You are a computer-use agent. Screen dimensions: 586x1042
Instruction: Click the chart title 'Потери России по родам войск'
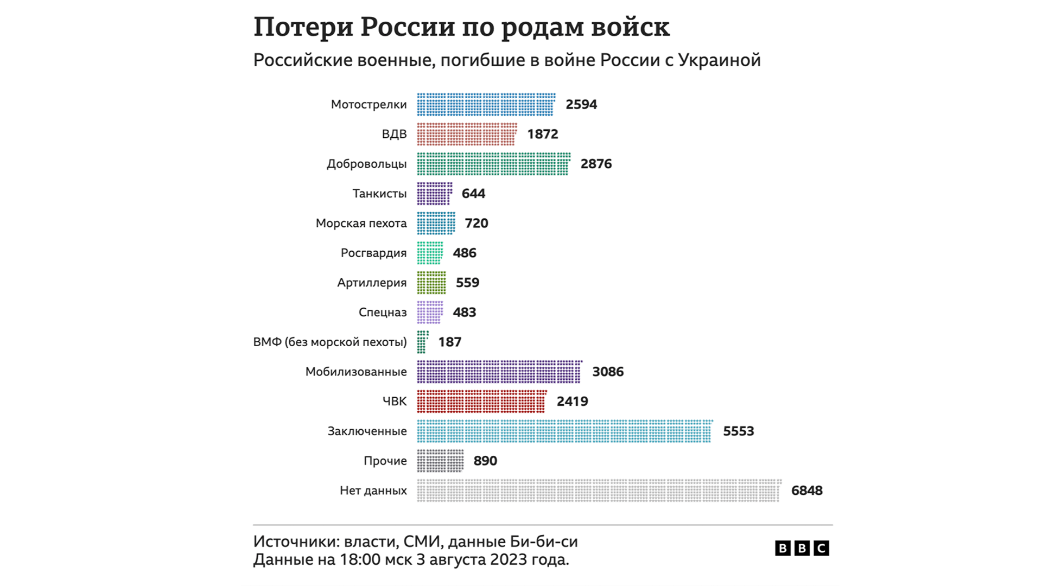pyautogui.click(x=461, y=27)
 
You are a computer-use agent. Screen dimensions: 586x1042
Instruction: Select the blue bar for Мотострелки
pyautogui.click(x=486, y=105)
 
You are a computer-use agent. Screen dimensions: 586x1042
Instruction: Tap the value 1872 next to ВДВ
pyautogui.click(x=543, y=134)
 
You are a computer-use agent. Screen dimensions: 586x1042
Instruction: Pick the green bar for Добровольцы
pyautogui.click(x=493, y=164)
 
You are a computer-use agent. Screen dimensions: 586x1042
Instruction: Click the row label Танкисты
pyautogui.click(x=379, y=194)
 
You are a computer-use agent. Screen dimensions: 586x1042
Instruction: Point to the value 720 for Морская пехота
pyautogui.click(x=476, y=224)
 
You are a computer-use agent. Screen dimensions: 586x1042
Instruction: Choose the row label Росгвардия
pyautogui.click(x=373, y=253)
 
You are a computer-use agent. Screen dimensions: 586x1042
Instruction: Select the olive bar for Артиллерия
pyautogui.click(x=431, y=283)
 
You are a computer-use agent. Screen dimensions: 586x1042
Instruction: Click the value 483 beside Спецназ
pyautogui.click(x=465, y=313)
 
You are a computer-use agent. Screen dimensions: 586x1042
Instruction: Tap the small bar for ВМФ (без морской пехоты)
pyautogui.click(x=422, y=342)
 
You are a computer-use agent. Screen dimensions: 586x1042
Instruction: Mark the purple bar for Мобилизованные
pyautogui.click(x=499, y=372)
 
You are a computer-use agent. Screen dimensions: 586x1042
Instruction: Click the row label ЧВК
pyautogui.click(x=395, y=402)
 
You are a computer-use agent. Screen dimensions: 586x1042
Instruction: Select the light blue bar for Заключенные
pyautogui.click(x=564, y=431)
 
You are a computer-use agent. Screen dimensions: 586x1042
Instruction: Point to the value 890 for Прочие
pyautogui.click(x=485, y=461)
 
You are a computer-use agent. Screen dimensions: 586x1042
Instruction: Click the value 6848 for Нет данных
pyautogui.click(x=807, y=491)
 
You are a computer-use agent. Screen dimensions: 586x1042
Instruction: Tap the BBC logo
pyautogui.click(x=802, y=549)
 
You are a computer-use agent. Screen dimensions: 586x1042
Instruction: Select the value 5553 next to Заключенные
pyautogui.click(x=739, y=431)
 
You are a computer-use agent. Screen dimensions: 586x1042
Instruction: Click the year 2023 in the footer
pyautogui.click(x=507, y=559)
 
